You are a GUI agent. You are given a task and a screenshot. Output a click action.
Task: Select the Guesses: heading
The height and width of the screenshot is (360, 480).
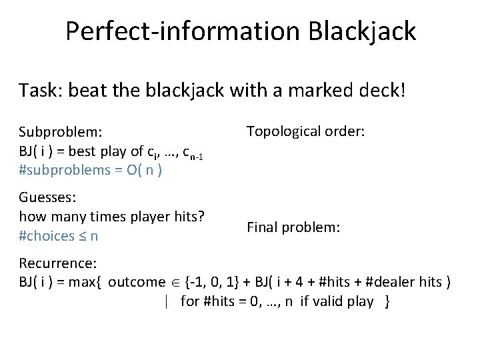[47, 197]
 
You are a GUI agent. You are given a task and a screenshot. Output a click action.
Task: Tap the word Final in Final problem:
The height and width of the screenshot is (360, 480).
[261, 227]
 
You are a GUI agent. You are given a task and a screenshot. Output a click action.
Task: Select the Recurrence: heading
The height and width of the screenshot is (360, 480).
[58, 263]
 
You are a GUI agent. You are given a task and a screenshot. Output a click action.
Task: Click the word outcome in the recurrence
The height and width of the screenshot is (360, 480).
[136, 282]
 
